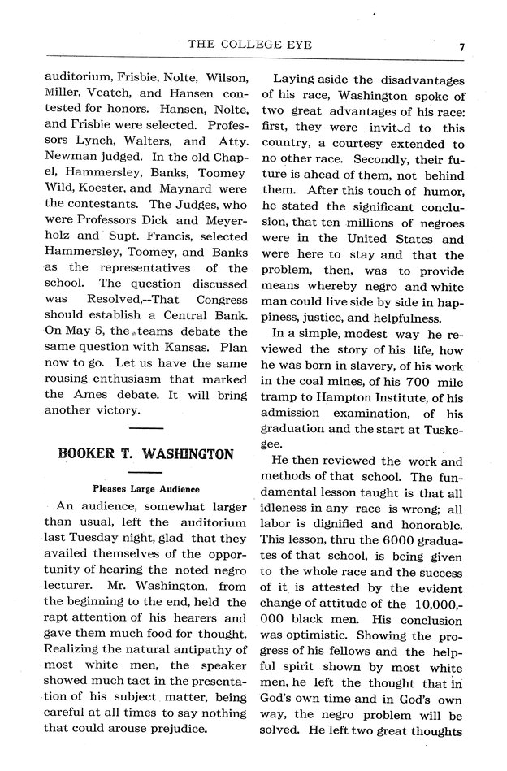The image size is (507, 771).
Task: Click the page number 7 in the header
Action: (461, 47)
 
